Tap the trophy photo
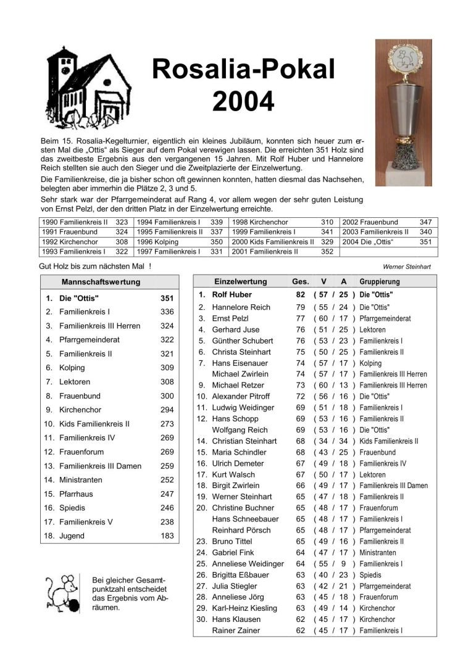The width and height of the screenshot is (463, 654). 404,112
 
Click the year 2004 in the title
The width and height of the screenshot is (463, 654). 243,101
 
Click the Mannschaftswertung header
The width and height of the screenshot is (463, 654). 101,282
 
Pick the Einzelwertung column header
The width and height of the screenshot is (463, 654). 240,281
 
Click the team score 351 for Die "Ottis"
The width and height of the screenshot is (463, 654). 167,298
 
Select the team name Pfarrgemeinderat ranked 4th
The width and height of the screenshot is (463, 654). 90,339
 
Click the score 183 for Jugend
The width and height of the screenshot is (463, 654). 167,536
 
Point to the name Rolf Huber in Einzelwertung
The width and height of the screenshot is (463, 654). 235,295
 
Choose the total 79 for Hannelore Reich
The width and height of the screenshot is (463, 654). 301,307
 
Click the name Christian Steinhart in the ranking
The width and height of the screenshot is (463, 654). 244,441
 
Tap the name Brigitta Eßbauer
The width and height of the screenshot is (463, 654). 241,574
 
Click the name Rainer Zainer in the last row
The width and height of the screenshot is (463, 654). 236,630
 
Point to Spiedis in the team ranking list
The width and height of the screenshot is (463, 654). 72,508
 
